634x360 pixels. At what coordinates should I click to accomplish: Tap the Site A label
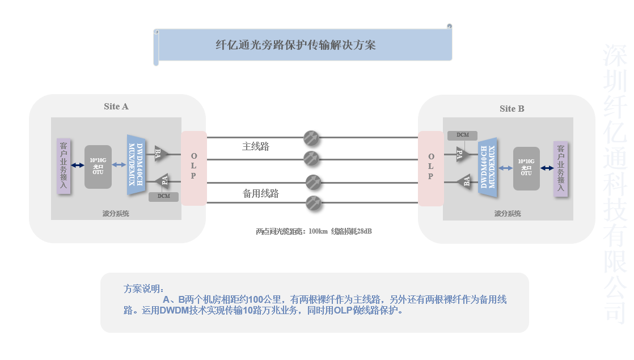(116, 106)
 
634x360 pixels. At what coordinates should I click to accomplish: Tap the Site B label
(512, 108)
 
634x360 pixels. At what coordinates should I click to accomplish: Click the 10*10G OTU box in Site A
(98, 167)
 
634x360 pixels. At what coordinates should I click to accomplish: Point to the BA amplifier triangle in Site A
(160, 153)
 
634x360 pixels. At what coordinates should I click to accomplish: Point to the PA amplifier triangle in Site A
(163, 181)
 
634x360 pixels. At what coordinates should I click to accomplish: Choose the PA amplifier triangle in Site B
(462, 154)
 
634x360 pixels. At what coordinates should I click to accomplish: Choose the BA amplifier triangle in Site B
(465, 181)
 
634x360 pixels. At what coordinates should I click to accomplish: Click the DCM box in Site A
(163, 197)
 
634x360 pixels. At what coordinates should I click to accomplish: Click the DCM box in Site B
(462, 135)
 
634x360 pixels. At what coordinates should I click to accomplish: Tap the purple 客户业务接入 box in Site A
(64, 166)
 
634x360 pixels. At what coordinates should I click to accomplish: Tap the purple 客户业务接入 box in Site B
(560, 168)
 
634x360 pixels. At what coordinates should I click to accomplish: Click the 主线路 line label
(255, 146)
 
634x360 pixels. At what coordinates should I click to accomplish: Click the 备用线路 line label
(261, 193)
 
